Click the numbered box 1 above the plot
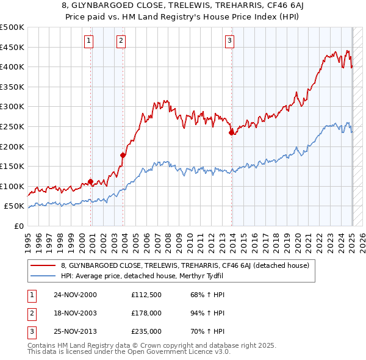pos(89,41)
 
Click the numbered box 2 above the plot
pos(121,41)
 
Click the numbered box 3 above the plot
pos(230,41)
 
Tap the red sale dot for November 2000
pos(91,181)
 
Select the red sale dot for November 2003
pos(123,155)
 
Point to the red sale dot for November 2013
pos(231,132)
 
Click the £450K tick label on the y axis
pos(12,47)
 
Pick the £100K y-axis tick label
pos(12,186)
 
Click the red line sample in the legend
pos(43,265)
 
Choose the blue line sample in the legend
pos(43,275)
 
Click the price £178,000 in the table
pos(146,313)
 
